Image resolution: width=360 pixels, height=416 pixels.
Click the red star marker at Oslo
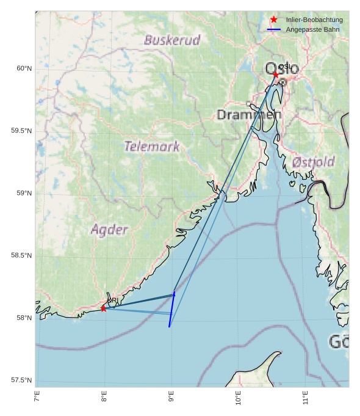pos(276,75)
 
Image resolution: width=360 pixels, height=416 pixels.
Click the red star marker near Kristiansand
pos(104,308)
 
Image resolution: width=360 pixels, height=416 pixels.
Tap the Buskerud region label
pos(172,41)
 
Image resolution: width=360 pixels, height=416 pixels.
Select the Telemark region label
pos(152,147)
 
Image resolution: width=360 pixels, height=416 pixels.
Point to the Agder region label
pos(109,230)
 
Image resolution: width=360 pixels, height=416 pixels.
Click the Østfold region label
pos(313,162)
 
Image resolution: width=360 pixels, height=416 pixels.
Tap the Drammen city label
pos(249,115)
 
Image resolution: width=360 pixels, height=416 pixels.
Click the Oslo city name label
pos(282,68)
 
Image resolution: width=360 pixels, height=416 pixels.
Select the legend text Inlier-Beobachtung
pos(314,20)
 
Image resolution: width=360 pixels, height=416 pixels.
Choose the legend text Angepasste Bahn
pos(312,29)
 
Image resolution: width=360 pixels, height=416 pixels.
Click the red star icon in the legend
pos(274,20)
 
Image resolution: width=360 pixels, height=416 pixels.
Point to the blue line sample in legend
pos(274,29)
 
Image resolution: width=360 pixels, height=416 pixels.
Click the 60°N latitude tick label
pos(24,68)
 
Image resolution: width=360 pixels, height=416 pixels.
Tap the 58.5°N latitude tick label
pos(21,255)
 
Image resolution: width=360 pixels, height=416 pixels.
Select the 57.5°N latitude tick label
pos(21,381)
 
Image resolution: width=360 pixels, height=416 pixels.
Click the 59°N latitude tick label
pos(24,193)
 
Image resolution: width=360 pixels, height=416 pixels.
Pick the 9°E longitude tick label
pos(171,400)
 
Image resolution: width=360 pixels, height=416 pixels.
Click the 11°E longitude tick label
pos(306,400)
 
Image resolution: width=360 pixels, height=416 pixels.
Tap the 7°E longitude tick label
pos(37,400)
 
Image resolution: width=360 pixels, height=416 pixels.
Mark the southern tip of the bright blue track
pos(170,327)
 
